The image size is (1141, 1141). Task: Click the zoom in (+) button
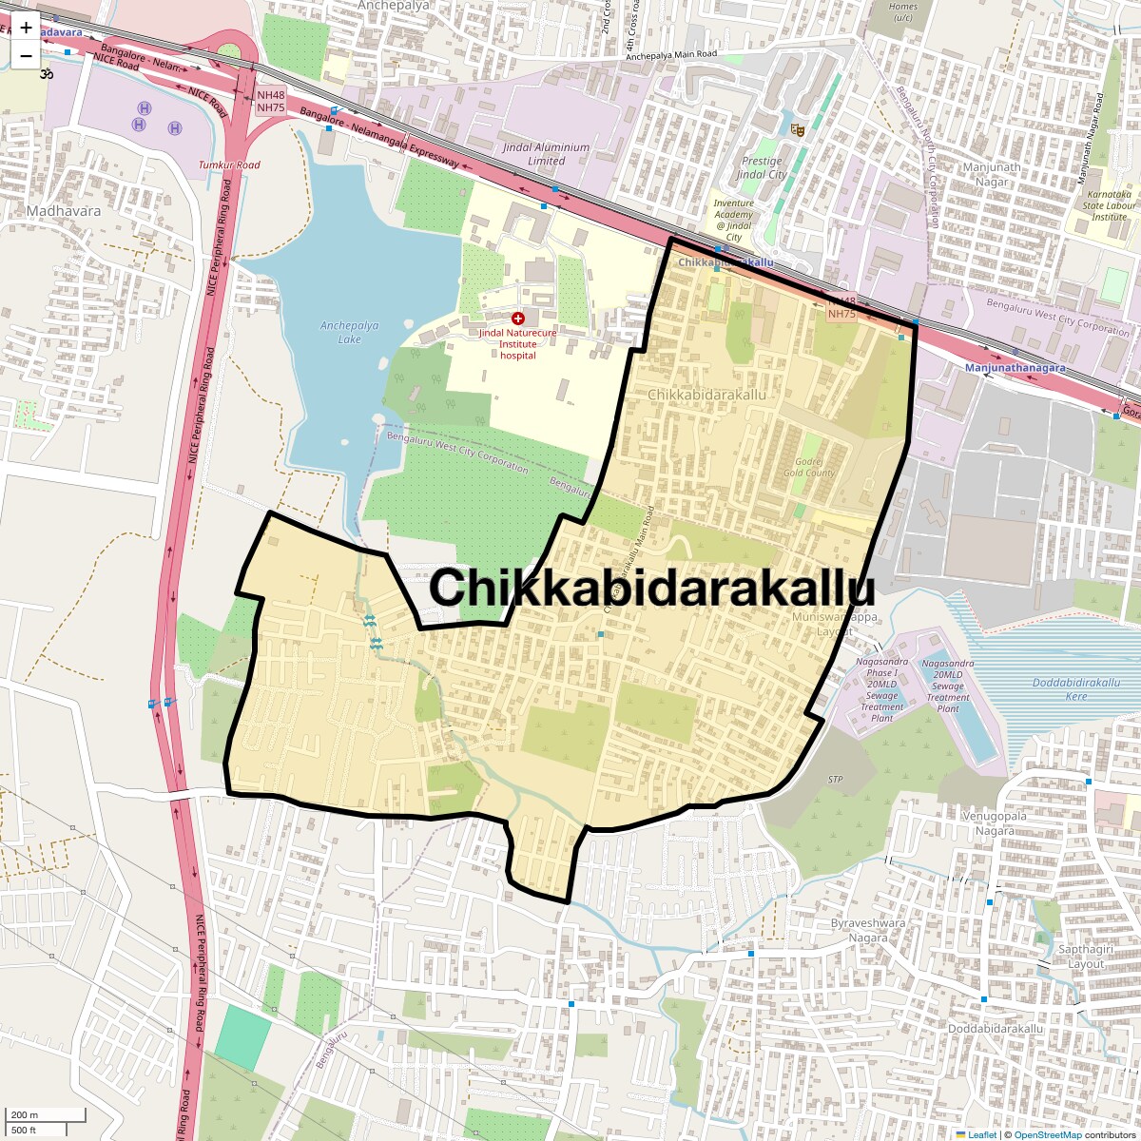(26, 28)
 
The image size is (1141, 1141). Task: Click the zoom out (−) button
(26, 56)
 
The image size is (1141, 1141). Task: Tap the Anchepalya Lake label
(349, 332)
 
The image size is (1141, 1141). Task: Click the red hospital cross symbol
(517, 319)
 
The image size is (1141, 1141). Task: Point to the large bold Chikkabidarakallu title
(651, 587)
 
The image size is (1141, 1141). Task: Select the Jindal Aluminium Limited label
(546, 154)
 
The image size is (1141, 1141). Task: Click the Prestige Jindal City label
(762, 167)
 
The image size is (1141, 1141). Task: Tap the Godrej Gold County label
(809, 467)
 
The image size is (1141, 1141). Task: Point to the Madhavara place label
(64, 211)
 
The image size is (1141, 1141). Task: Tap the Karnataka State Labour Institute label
(1109, 204)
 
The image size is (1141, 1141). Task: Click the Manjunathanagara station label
(1015, 367)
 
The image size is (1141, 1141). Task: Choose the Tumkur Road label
(229, 165)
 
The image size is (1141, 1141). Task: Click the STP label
(835, 780)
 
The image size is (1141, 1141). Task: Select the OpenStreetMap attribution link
(1048, 1134)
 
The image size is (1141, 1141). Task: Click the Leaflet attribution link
(982, 1134)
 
